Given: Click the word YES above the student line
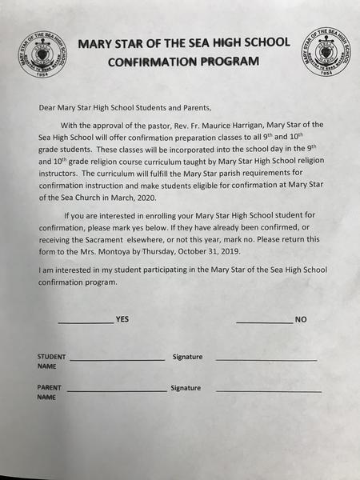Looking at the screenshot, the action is (122, 319).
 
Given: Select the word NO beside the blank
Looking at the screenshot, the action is (301, 319).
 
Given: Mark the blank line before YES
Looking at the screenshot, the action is (86, 322).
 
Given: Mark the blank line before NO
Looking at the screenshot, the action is (264, 322).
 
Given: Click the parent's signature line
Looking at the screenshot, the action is (268, 390).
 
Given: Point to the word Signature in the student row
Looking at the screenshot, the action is (187, 356).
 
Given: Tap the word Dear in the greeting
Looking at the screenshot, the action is (47, 106).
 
